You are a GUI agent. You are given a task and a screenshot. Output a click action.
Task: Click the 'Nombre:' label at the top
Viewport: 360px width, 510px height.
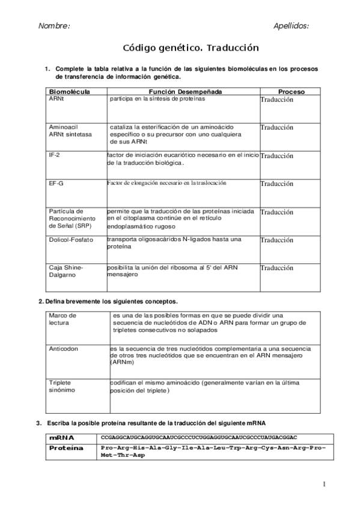[54, 26]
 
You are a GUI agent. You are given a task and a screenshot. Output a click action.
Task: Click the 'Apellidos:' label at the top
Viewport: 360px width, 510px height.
[291, 26]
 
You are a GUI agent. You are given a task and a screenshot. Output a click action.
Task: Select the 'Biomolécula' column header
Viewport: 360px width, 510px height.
[69, 91]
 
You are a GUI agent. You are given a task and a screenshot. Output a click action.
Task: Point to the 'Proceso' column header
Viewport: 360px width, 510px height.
[291, 91]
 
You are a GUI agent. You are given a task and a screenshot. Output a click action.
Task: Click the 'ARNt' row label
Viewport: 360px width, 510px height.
[56, 99]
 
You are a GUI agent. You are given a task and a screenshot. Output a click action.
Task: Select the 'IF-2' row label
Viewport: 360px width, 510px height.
[55, 155]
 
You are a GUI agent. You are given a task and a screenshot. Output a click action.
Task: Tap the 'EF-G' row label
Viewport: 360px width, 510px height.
[56, 183]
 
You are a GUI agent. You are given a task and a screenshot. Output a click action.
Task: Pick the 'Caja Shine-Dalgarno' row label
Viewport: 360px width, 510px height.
[66, 271]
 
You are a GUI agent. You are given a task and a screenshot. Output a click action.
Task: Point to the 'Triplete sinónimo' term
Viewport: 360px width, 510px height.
[63, 386]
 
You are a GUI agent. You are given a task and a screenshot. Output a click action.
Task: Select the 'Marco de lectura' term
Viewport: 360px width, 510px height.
[63, 319]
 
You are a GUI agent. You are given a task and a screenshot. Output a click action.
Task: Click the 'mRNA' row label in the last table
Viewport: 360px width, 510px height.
[62, 437]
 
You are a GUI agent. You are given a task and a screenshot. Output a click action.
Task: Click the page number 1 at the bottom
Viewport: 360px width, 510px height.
[323, 484]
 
